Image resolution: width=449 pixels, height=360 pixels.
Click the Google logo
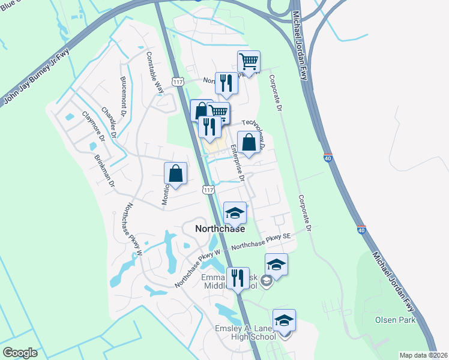20,353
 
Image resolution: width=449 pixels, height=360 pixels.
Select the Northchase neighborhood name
220,229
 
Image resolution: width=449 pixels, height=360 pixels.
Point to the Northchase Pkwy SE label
261,242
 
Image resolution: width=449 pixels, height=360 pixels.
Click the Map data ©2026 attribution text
423,355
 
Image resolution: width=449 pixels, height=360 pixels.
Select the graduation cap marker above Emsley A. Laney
284,320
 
